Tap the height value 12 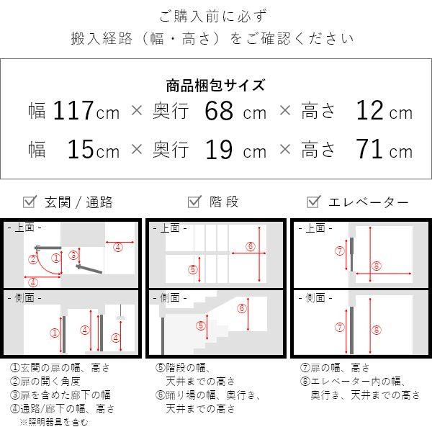pos(370,112)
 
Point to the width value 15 pos(81,150)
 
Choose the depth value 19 pos(220,150)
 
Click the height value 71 pos(370,150)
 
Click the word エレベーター pos(368,202)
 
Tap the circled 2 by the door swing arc pos(34,260)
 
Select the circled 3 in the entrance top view pos(73,255)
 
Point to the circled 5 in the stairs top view pos(192,269)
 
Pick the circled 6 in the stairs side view pos(242,309)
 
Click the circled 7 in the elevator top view pos(339,251)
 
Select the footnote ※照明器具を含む pos(54,422)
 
